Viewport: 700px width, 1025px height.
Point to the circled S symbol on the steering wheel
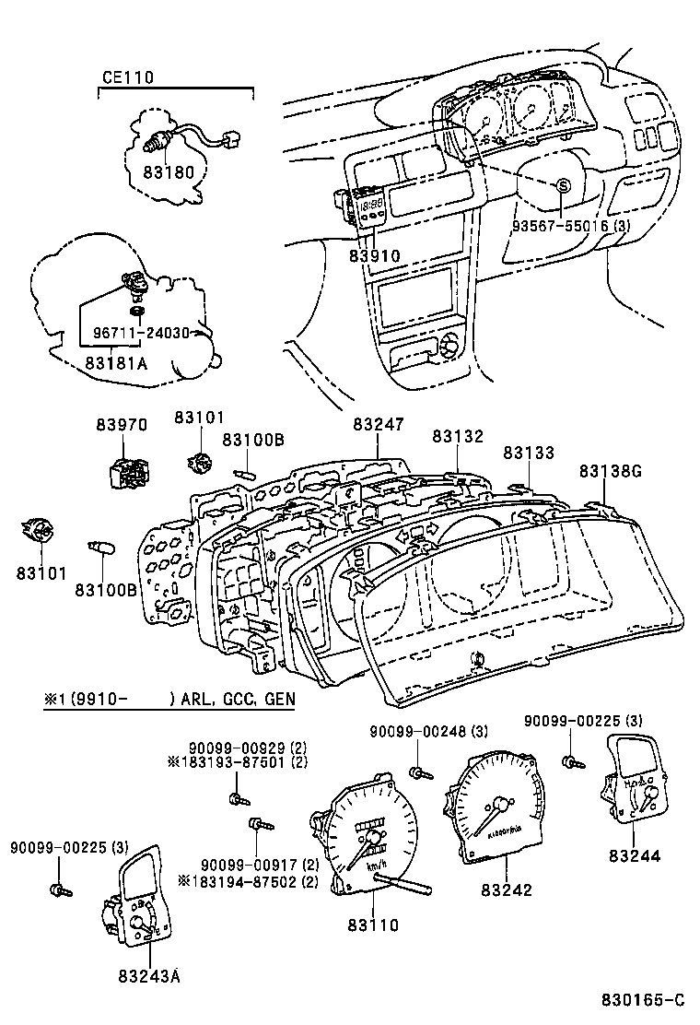(561, 186)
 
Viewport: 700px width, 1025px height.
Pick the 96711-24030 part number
(140, 333)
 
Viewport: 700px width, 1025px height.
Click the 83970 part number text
(121, 425)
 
